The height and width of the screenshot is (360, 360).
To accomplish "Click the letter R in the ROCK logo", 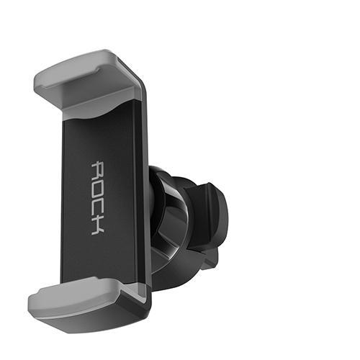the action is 98,170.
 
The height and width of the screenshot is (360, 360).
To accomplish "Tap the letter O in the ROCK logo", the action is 98,189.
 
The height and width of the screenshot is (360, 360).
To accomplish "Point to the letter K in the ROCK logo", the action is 98,226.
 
